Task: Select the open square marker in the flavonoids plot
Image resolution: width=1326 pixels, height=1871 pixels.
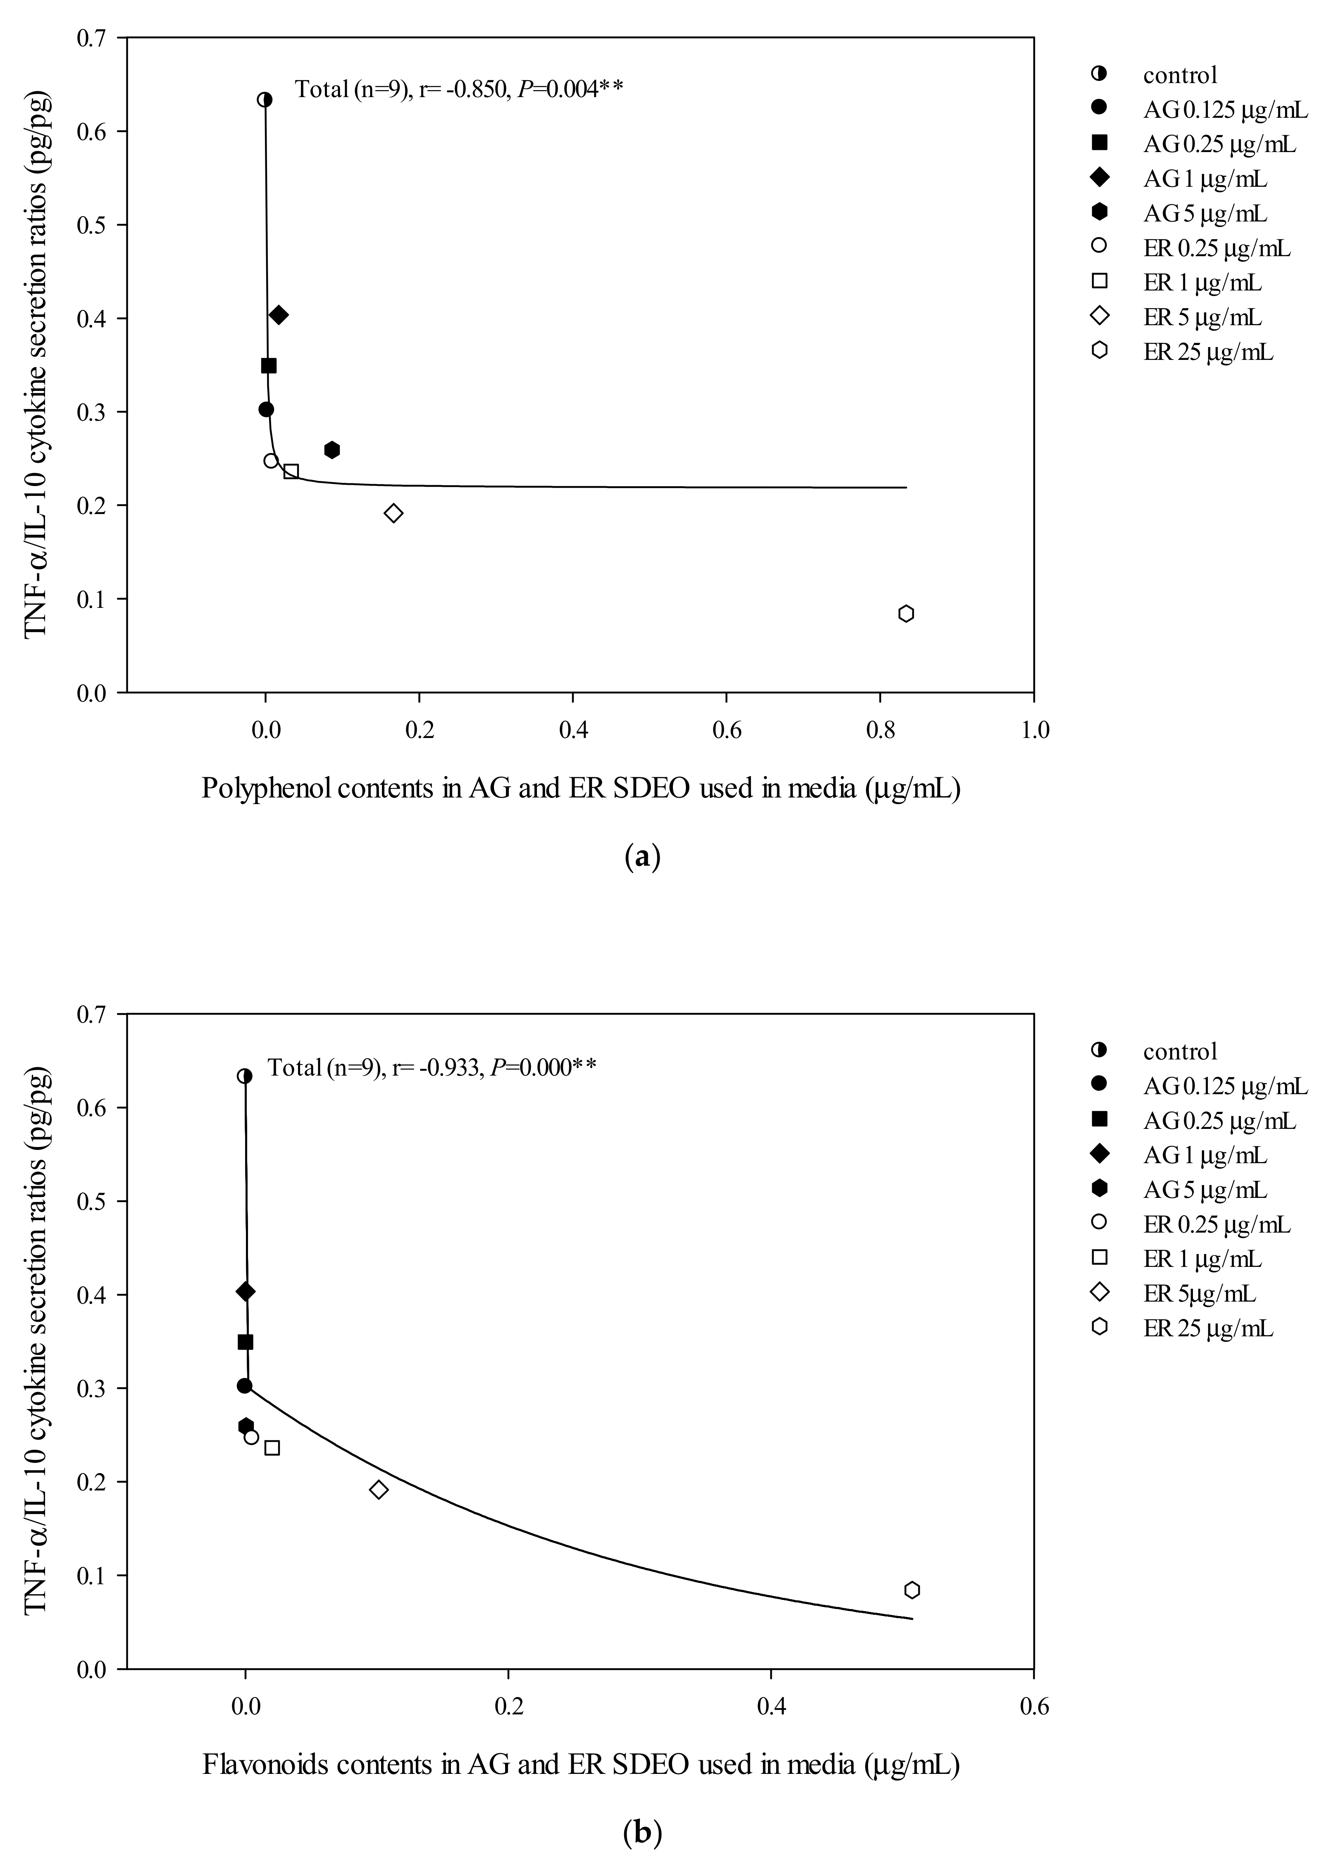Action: click(x=273, y=1447)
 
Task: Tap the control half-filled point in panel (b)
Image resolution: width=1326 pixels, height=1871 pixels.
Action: click(x=244, y=1076)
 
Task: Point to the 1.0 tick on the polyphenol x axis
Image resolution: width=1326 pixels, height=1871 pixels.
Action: click(x=1035, y=729)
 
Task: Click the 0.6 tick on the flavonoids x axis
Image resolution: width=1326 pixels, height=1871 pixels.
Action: click(x=1034, y=1705)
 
